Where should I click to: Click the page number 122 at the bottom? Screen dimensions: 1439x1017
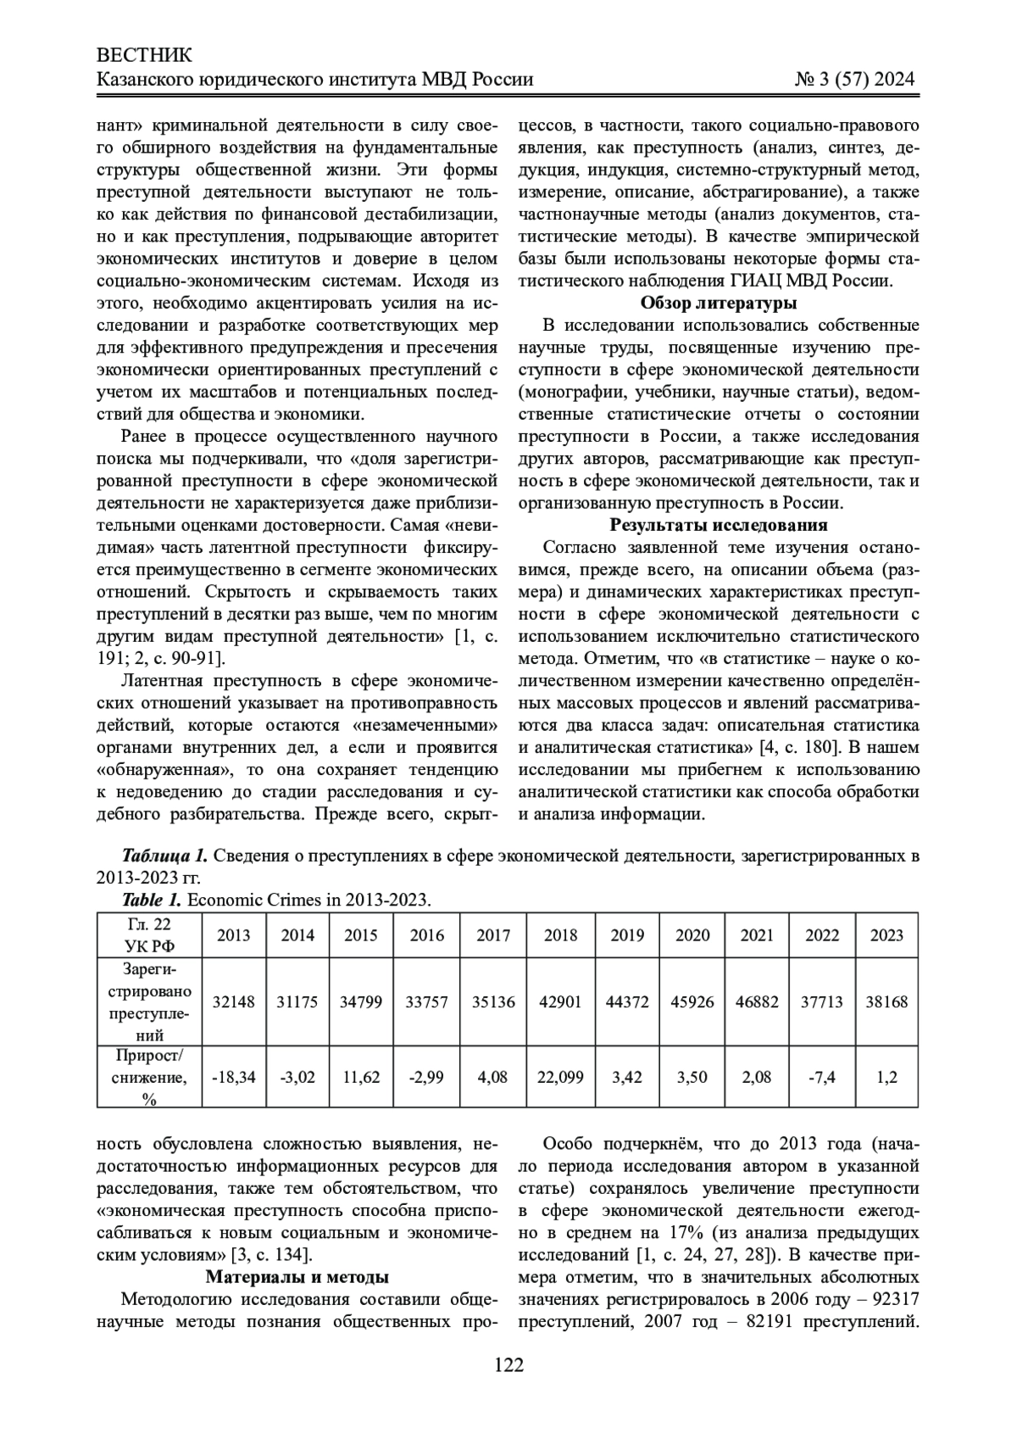point(508,1364)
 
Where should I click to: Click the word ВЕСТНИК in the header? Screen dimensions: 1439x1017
point(145,55)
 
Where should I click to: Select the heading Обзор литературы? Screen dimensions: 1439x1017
point(718,303)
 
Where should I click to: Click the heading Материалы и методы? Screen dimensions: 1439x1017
point(297,1277)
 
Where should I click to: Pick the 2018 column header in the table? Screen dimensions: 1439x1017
point(560,935)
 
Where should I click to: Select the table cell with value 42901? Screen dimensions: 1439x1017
point(560,1001)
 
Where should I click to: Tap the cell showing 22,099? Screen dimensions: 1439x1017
point(560,1077)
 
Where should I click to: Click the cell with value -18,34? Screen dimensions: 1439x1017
point(234,1077)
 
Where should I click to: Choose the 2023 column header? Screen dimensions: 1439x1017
point(886,935)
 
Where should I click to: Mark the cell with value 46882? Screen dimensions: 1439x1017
point(757,1001)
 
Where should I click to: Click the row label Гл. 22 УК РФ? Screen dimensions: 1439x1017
point(149,935)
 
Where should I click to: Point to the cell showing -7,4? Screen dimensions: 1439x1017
point(821,1077)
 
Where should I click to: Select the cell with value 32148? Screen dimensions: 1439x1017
point(234,1001)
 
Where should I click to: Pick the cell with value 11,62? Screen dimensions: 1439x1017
point(361,1077)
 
